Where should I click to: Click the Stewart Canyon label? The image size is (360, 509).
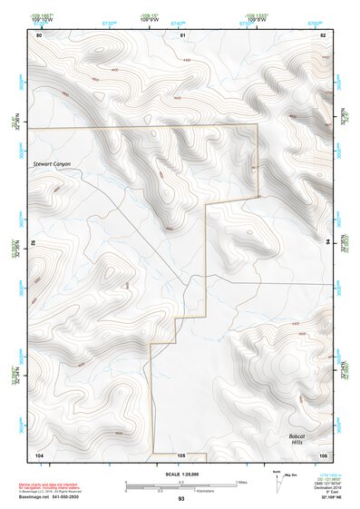coord(52,163)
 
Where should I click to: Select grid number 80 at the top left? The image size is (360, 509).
coord(39,34)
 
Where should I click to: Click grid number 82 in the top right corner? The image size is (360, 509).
coord(323,34)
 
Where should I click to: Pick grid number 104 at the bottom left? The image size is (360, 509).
coord(39,454)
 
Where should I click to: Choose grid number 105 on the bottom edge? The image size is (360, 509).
coord(181,454)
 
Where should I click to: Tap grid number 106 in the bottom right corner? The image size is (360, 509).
coord(322,454)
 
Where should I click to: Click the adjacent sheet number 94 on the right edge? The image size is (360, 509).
coord(327,240)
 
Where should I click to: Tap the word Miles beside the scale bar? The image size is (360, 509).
coord(242,482)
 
